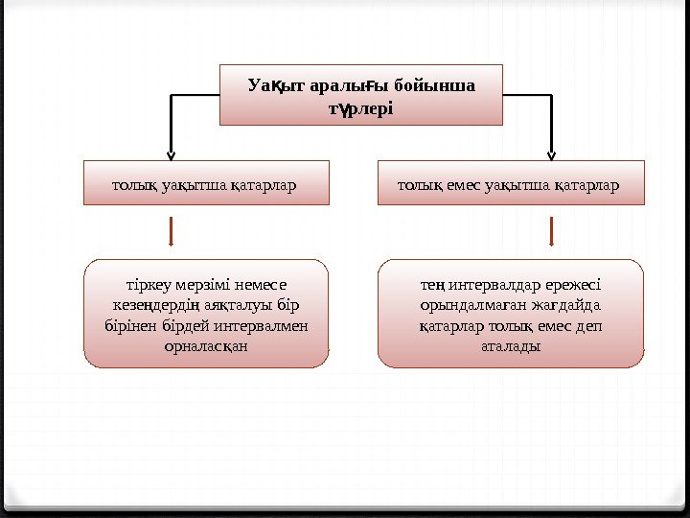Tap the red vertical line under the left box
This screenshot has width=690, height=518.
pos(171,231)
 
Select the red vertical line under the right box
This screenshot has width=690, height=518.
pos(552,231)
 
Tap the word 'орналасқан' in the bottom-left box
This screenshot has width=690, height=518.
pos(206,345)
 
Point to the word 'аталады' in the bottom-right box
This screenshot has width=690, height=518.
pos(510,345)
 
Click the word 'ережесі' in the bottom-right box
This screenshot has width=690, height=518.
pos(573,285)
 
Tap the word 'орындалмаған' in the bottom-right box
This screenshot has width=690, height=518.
pos(465,305)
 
